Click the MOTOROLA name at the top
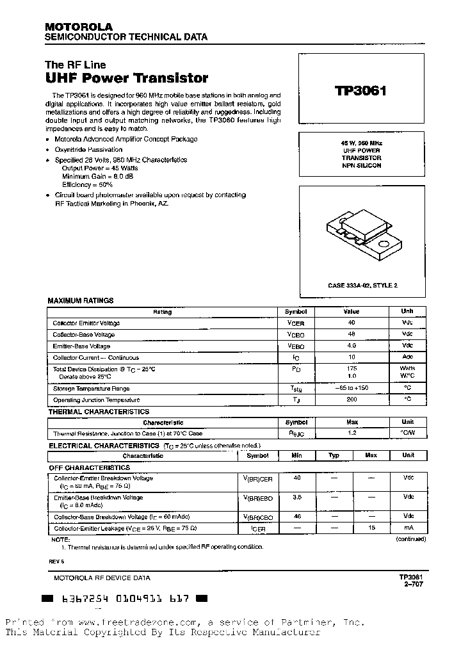coord(78,27)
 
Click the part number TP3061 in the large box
coord(360,90)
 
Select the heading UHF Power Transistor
coord(126,79)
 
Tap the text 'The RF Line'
coord(75,65)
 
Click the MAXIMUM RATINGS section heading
coord(81,300)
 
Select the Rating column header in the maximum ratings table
coord(162,312)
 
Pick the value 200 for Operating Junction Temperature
coord(352,399)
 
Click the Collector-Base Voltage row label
coord(84,335)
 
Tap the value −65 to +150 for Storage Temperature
coord(352,388)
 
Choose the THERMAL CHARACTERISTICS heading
coord(99,412)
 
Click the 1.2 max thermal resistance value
coord(352,433)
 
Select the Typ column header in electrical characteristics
coord(334,456)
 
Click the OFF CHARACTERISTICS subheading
coord(90,468)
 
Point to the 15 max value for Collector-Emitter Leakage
coord(371,527)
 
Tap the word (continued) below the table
coord(410,539)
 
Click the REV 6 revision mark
coord(57,561)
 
